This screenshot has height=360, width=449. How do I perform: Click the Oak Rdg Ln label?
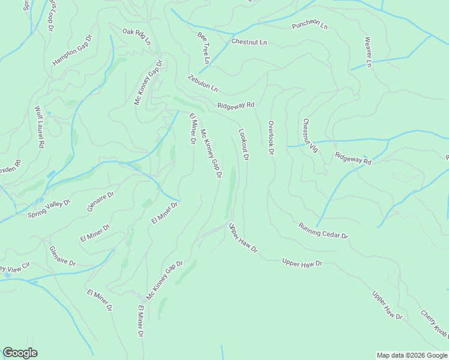[136, 36]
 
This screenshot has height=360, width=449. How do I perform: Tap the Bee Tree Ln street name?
[203, 48]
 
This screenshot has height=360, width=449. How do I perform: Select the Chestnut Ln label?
[249, 43]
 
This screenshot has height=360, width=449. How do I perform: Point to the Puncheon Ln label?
[310, 26]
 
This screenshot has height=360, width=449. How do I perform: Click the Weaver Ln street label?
[369, 52]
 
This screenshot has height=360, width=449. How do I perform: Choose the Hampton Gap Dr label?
[72, 50]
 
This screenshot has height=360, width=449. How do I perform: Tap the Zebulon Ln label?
[202, 83]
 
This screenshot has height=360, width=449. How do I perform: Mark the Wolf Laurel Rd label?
[40, 127]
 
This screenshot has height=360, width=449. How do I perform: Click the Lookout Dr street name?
[244, 145]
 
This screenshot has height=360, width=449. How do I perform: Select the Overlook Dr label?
[271, 138]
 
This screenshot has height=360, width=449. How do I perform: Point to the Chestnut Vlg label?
[309, 140]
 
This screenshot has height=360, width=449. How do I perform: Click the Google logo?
[20, 353]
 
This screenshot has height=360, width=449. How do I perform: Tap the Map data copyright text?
[412, 355]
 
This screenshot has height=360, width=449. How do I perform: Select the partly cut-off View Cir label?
[14, 266]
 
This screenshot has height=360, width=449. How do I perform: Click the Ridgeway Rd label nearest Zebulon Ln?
[236, 105]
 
